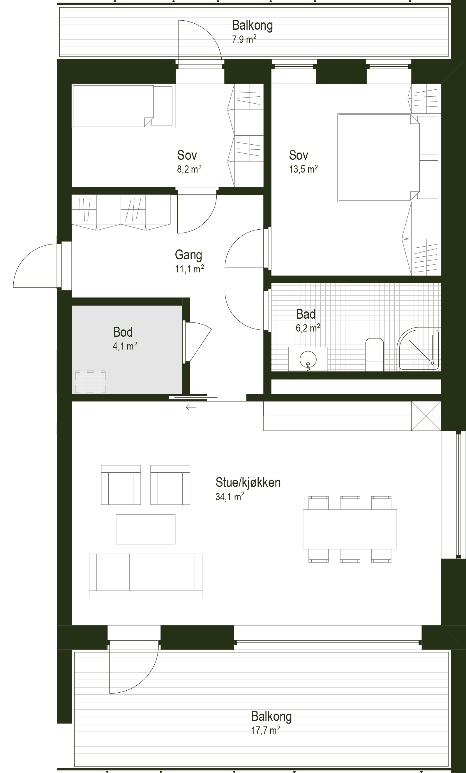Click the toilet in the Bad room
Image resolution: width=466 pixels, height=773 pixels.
pyautogui.click(x=375, y=354)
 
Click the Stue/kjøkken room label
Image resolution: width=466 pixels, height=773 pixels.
pyautogui.click(x=248, y=482)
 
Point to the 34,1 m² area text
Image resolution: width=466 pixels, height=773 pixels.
pyautogui.click(x=230, y=497)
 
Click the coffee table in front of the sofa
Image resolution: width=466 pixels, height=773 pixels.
pyautogui.click(x=146, y=529)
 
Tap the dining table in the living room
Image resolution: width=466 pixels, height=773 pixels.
pyautogui.click(x=350, y=529)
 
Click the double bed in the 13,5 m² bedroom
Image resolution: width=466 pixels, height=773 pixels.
pyautogui.click(x=379, y=157)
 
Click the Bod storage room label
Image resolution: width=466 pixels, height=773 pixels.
pyautogui.click(x=123, y=332)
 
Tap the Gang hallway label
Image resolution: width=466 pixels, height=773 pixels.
pyautogui.click(x=188, y=255)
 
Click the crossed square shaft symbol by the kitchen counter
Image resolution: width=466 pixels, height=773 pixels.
pyautogui.click(x=426, y=416)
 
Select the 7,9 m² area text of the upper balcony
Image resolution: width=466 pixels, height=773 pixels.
pyautogui.click(x=244, y=40)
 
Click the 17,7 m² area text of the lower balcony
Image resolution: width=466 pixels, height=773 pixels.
pyautogui.click(x=266, y=730)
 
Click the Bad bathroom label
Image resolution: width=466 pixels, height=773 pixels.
pyautogui.click(x=306, y=314)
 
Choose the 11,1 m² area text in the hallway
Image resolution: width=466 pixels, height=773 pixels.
pyautogui.click(x=190, y=269)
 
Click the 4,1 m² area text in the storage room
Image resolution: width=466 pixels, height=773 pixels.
pyautogui.click(x=125, y=346)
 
